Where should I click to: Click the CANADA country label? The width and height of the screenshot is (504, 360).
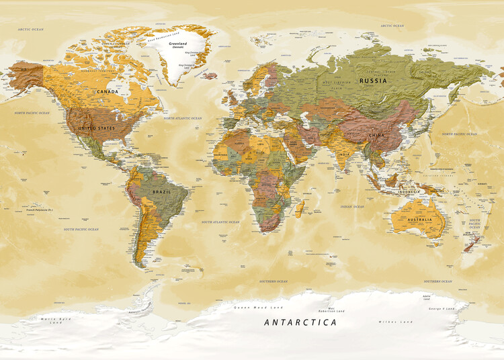(107, 91)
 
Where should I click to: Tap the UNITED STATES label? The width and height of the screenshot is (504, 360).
(97, 128)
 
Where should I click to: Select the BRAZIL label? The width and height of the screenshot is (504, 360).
(161, 191)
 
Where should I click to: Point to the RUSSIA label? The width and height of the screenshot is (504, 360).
(373, 81)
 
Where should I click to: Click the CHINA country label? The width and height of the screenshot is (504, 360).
(376, 135)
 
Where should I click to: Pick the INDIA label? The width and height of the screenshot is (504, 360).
(343, 154)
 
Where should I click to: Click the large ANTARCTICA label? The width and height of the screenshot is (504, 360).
(300, 322)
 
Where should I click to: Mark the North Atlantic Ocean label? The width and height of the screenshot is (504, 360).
(182, 118)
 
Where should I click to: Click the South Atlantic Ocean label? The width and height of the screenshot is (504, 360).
(221, 221)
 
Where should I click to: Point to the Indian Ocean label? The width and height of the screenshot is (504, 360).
(352, 207)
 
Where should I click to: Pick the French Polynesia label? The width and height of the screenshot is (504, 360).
(39, 211)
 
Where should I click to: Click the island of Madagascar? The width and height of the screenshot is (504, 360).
(298, 208)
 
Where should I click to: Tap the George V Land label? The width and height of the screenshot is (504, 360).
(441, 308)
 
